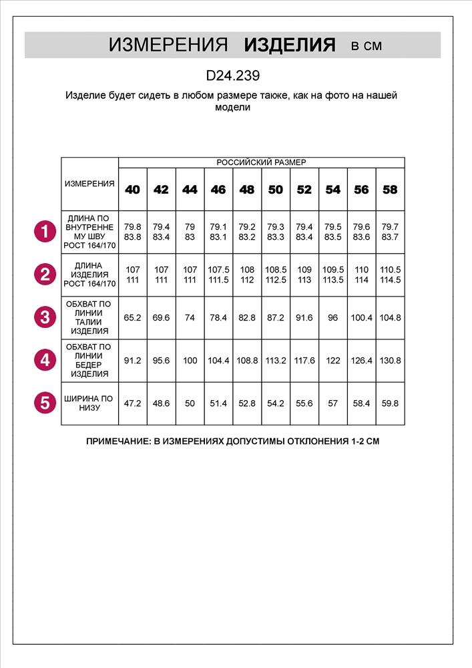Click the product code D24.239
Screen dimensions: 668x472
pos(232,76)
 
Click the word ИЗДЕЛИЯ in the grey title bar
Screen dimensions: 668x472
pos(289,45)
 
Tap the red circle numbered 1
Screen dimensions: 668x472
pos(45,232)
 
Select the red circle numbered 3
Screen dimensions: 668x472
pos(45,317)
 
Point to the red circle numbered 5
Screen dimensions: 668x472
pos(45,403)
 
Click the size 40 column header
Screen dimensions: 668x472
pos(133,190)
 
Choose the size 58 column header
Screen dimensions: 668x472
pos(390,190)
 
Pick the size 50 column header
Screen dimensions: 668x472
pos(276,190)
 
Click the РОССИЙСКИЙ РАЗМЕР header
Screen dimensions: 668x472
pos(261,162)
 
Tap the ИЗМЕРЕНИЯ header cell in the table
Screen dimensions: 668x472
pos(89,184)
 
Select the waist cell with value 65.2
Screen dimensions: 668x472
pos(133,317)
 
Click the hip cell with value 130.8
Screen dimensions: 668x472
pos(390,360)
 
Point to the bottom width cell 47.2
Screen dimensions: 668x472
pos(133,403)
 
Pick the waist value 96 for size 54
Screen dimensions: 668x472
pos(332,317)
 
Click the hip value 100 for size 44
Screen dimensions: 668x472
pos(190,360)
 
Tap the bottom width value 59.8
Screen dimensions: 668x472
pos(390,403)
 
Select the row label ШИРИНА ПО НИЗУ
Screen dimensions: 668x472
pos(89,403)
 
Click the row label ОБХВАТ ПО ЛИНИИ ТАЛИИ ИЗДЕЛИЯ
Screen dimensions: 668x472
pos(89,317)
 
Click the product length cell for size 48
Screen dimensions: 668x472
pos(247,275)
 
